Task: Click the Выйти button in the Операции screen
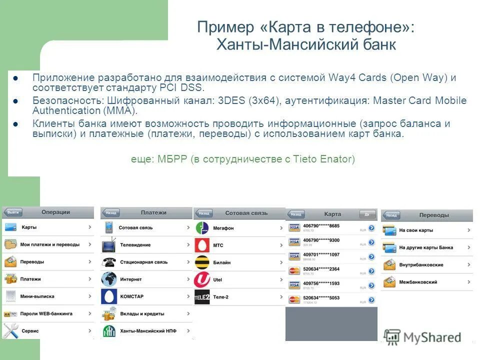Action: pyautogui.click(x=13, y=212)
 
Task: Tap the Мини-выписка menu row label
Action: pyautogui.click(x=37, y=296)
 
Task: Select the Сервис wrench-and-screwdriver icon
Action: pyautogui.click(x=10, y=331)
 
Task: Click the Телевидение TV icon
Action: pyautogui.click(x=108, y=245)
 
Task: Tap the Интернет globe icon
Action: pyautogui.click(x=108, y=279)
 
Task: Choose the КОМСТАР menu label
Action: pyautogui.click(x=132, y=296)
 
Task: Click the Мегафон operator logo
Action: pyautogui.click(x=202, y=228)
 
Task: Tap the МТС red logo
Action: pyautogui.click(x=202, y=245)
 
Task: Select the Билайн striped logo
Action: pyautogui.click(x=202, y=262)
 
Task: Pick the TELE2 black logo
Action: pyautogui.click(x=202, y=297)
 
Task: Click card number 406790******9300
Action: pyautogui.click(x=321, y=240)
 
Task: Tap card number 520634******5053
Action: pyautogui.click(x=321, y=298)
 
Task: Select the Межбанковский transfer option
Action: pyautogui.click(x=418, y=282)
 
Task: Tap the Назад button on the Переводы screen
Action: pyautogui.click(x=391, y=215)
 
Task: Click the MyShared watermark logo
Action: pyautogui.click(x=422, y=337)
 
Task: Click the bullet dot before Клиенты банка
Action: pyautogui.click(x=15, y=124)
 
